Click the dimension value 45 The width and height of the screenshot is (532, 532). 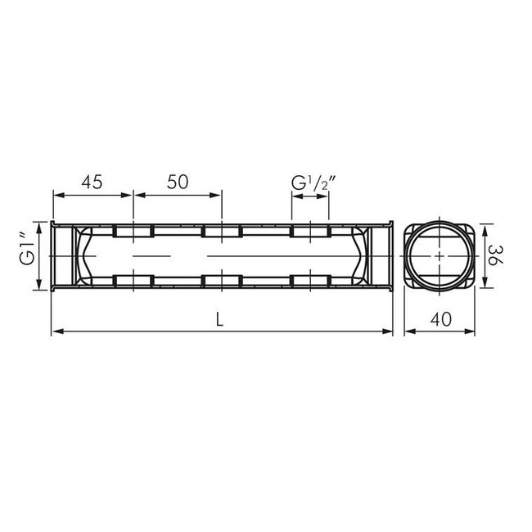click(x=92, y=183)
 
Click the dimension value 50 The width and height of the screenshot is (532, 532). click(x=178, y=183)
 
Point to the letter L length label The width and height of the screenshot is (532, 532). click(x=220, y=319)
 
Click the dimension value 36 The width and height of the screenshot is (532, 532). click(x=496, y=256)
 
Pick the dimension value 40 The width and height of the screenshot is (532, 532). click(x=441, y=319)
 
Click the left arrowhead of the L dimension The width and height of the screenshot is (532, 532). click(x=56, y=331)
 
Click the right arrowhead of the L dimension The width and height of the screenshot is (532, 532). click(x=387, y=331)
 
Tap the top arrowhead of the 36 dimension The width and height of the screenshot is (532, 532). click(x=485, y=230)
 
